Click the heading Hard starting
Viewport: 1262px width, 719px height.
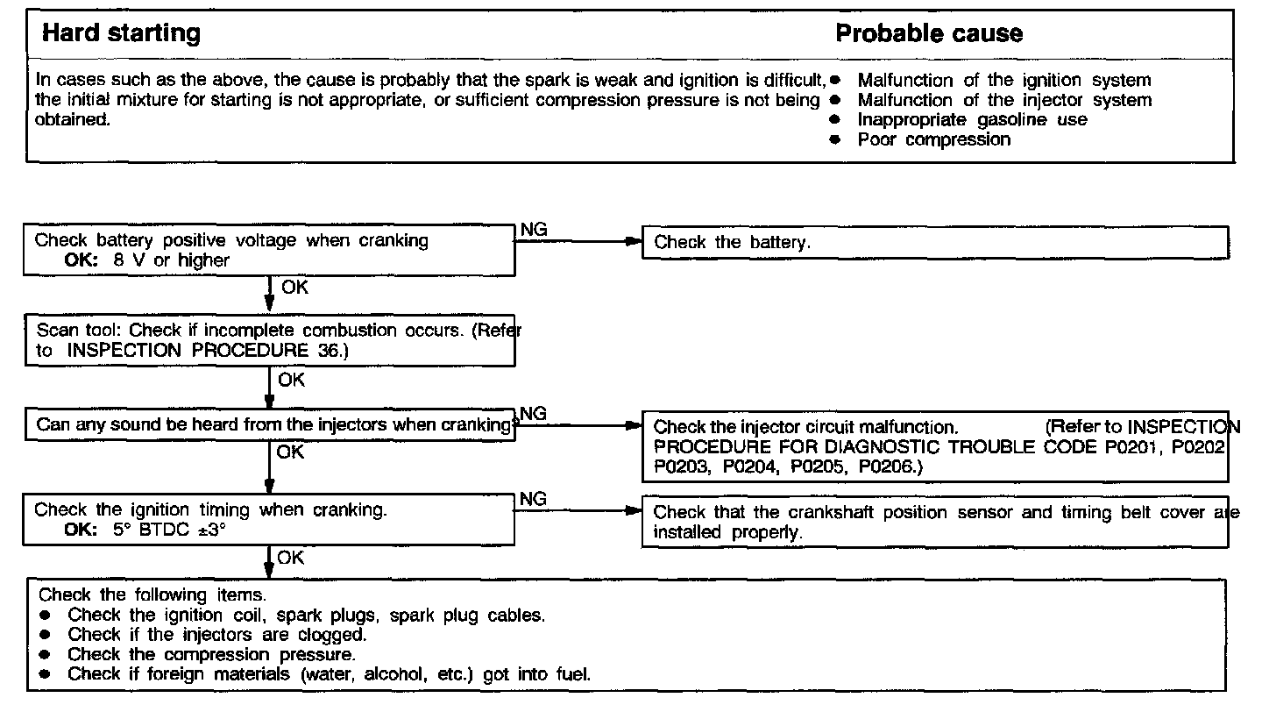[x=121, y=34]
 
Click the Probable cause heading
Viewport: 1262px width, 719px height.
[x=928, y=34]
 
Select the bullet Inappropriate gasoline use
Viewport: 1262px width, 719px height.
[x=972, y=120]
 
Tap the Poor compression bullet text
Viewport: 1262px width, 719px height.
[x=933, y=139]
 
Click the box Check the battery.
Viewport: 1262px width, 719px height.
[x=733, y=243]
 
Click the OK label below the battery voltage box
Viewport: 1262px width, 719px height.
[x=294, y=287]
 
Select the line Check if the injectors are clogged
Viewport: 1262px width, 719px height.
[x=217, y=634]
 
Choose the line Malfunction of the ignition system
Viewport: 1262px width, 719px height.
[x=1004, y=81]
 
